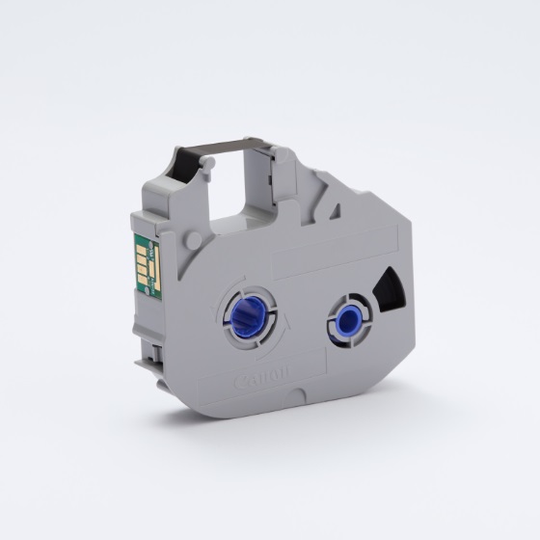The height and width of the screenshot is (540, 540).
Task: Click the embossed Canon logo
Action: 261,377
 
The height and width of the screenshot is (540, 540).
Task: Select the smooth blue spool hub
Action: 349,321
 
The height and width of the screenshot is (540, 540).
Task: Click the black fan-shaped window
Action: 391,290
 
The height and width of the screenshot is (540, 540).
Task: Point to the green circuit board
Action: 148,263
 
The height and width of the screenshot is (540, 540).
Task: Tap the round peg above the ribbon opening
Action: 207,163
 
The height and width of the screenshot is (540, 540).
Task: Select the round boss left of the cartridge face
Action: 193,238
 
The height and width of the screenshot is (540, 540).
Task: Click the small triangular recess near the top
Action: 335,212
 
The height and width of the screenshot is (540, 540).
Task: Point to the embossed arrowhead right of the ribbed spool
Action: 287,321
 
